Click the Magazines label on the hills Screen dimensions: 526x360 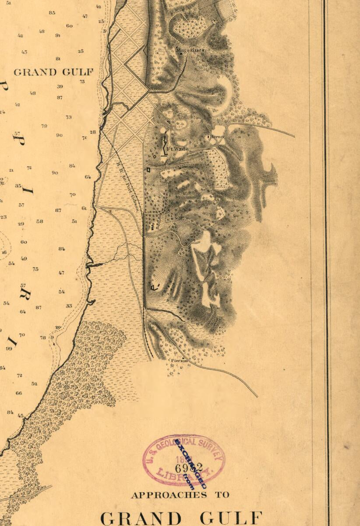point(190,50)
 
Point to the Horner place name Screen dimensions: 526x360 point(217,137)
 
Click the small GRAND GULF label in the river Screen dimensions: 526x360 point(53,72)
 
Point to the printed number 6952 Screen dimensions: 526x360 point(188,468)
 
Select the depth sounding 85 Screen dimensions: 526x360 point(52,13)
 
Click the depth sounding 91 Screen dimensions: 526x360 point(58,36)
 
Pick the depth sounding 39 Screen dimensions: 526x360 point(60,86)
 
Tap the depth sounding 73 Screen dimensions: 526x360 point(68,117)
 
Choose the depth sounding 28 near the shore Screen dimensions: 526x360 point(93,132)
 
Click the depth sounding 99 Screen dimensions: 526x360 point(9,348)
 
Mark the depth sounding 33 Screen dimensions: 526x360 point(69,306)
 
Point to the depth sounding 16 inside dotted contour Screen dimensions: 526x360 point(4,252)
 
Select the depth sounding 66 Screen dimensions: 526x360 point(18,393)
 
